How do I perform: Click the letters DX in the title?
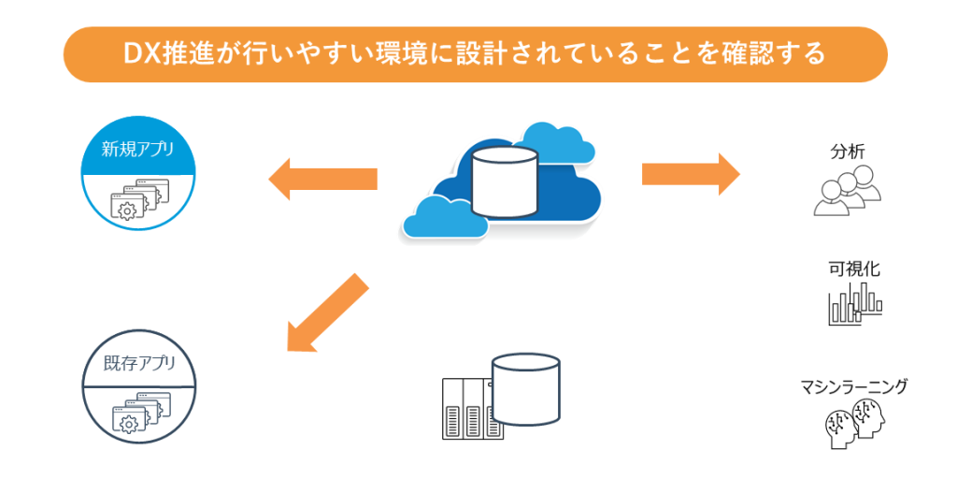coord(141,54)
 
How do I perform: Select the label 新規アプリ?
coord(138,149)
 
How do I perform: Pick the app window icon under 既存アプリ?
coord(138,412)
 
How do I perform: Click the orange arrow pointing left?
coord(322,178)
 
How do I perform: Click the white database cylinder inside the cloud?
coord(505,179)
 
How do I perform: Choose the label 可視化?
coord(853,269)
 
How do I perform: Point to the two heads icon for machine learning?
coord(853,424)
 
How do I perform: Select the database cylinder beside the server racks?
coord(525,389)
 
